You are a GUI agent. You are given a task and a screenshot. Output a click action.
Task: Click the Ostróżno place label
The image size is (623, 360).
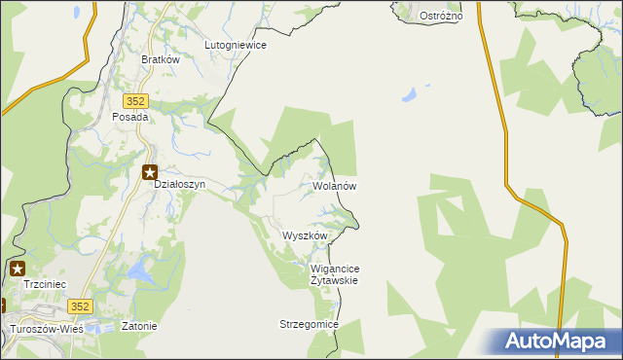coord(440,17)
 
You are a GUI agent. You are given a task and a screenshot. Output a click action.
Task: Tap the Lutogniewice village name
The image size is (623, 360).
coord(236,45)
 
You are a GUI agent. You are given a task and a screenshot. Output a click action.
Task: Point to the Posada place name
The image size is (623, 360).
coord(129,117)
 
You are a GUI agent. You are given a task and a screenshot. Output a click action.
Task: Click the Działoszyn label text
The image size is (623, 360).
coord(179,185)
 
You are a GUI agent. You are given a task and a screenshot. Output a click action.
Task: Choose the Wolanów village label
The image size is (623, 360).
coord(336,186)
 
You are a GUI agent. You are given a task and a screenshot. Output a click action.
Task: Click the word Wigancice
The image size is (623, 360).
coord(335,269)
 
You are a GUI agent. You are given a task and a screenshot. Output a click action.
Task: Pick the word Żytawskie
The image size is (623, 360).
coord(334,280)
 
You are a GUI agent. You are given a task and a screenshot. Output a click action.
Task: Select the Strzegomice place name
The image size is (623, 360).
coord(309,324)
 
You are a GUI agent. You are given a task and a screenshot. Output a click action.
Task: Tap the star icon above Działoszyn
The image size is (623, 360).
coord(150,172)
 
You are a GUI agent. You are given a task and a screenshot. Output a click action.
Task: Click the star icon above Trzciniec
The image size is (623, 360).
coord(18,268)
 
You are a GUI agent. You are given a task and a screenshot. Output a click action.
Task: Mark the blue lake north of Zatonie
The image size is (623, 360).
coord(143,268)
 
